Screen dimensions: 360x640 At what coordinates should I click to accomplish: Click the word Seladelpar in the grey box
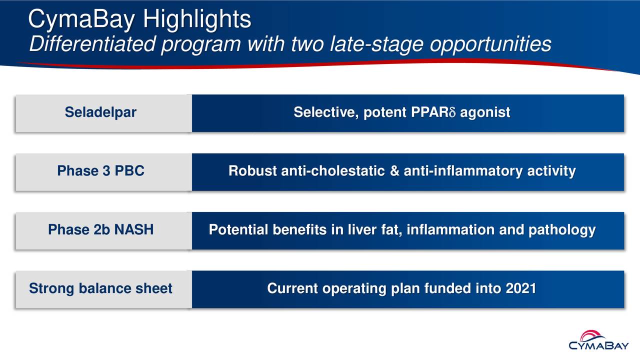point(100,113)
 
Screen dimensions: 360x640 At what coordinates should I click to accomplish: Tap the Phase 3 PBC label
point(100,171)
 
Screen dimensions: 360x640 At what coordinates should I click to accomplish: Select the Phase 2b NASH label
point(100,230)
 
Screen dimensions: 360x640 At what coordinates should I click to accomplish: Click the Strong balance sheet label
point(100,289)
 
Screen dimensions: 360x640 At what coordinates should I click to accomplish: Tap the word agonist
point(485,113)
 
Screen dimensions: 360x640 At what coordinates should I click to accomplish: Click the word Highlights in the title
point(196,20)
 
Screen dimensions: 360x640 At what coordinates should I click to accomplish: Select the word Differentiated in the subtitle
point(92,45)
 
